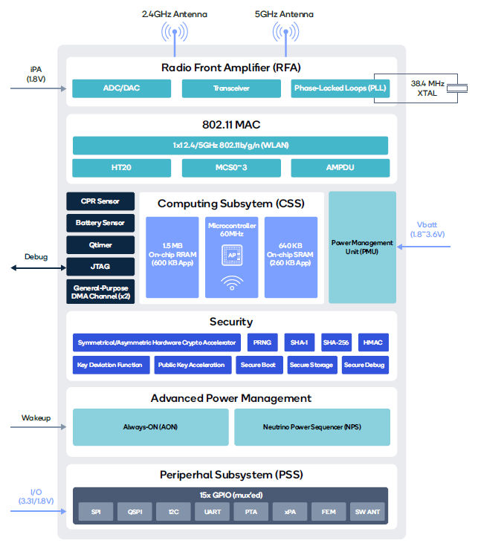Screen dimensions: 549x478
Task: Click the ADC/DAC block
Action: pyautogui.click(x=120, y=89)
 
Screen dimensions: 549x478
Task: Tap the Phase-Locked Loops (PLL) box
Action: pyautogui.click(x=339, y=89)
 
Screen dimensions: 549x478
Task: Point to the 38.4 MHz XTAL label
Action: pyautogui.click(x=428, y=88)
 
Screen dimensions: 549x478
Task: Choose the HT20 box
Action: pyautogui.click(x=120, y=168)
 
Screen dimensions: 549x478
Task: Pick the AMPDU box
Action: pyautogui.click(x=339, y=168)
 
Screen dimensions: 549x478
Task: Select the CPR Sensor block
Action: pyautogui.click(x=100, y=201)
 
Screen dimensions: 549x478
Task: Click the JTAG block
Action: pyautogui.click(x=100, y=266)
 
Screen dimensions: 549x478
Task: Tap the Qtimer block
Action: pyautogui.click(x=100, y=244)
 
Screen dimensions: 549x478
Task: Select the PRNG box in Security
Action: pyautogui.click(x=262, y=342)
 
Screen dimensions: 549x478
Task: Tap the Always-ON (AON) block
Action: pyautogui.click(x=149, y=427)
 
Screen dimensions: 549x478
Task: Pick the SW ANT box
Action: pyautogui.click(x=367, y=511)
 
